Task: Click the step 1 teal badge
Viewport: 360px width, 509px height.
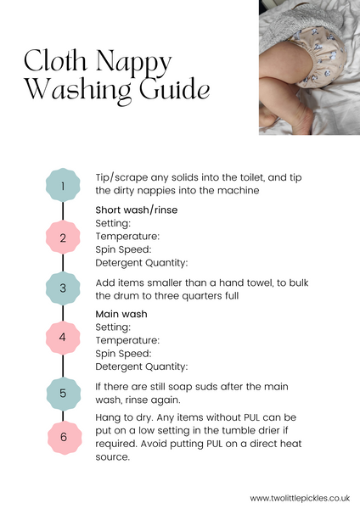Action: point(63,185)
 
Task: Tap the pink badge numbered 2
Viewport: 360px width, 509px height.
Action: point(63,238)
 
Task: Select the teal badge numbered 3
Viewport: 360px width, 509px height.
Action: point(63,288)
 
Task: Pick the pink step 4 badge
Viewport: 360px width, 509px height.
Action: point(63,338)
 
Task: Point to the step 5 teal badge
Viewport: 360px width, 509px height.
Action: point(63,393)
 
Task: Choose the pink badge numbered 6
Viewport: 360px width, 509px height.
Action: point(63,437)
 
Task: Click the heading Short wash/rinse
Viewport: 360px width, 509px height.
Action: point(137,210)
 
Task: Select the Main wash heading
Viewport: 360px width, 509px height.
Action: point(121,314)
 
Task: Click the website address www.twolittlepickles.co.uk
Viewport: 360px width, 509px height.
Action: point(301,498)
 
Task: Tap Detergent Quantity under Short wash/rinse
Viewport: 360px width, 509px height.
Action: point(141,262)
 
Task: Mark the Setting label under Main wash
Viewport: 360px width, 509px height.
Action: point(113,327)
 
